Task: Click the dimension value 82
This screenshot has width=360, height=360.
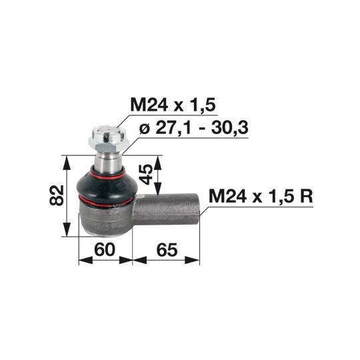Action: pos(56,195)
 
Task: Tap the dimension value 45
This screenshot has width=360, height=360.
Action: pos(146,174)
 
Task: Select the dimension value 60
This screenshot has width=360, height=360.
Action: pos(105,249)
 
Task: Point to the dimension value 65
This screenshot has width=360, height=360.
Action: pos(167,249)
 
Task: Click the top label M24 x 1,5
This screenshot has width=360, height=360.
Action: pos(173,105)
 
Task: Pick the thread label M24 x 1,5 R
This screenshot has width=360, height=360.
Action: pos(261,196)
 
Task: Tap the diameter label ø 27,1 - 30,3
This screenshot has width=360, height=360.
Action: pos(194,128)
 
